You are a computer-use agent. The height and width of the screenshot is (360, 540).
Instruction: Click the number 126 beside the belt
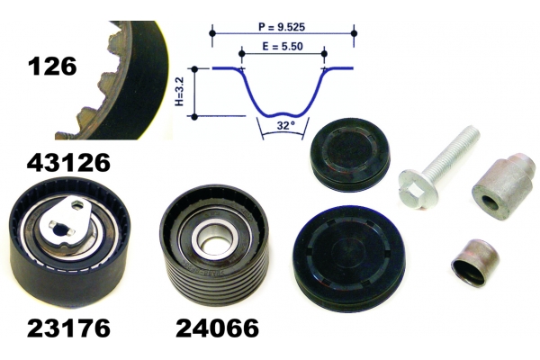pos(52,67)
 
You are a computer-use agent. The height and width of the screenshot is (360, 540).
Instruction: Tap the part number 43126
pos(68,163)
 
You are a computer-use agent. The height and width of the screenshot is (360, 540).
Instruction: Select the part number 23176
pos(68,328)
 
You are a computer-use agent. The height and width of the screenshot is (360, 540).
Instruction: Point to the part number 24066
pos(217,328)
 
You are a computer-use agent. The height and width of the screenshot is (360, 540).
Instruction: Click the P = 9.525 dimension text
pos(282,27)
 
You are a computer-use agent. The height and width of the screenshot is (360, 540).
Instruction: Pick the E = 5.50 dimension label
pos(283,46)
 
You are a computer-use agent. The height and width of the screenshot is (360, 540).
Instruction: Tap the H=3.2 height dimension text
pos(180,91)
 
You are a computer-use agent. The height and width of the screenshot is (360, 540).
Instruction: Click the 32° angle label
pos(286,126)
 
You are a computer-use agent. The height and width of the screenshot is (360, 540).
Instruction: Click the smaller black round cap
pos(350,155)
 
